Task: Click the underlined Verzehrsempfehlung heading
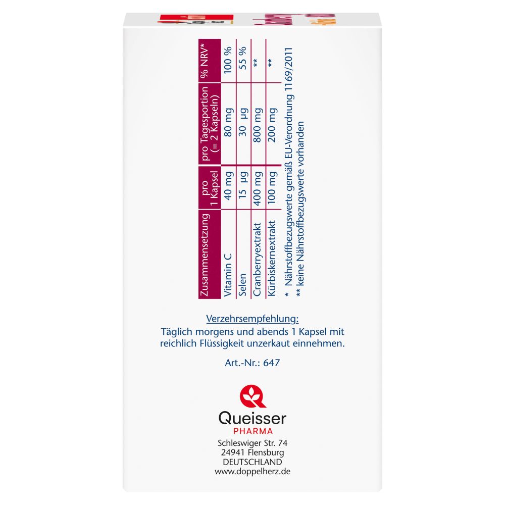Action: pos(252,319)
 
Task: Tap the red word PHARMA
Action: pos(252,431)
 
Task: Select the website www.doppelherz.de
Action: pos(252,471)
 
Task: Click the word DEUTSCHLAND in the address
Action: pos(252,462)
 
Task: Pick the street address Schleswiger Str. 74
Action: pos(252,442)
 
